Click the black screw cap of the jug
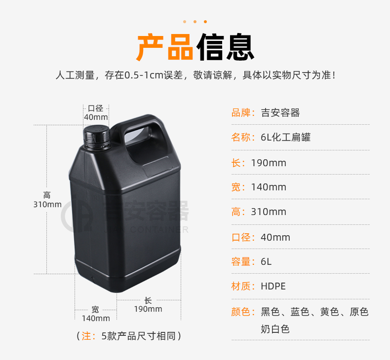97,137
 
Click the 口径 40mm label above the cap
96,112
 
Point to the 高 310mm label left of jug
47,200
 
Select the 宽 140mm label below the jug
96,314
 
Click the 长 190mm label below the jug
148,305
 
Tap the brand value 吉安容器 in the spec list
280,113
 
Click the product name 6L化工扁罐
286,137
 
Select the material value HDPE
273,286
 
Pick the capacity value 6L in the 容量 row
266,261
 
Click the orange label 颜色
240,312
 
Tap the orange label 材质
240,286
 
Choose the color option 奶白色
275,329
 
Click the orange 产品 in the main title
165,47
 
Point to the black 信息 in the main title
225,47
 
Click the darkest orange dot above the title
205,22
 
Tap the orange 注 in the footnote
86,336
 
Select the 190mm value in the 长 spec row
269,163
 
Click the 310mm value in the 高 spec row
269,212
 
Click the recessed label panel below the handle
157,166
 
